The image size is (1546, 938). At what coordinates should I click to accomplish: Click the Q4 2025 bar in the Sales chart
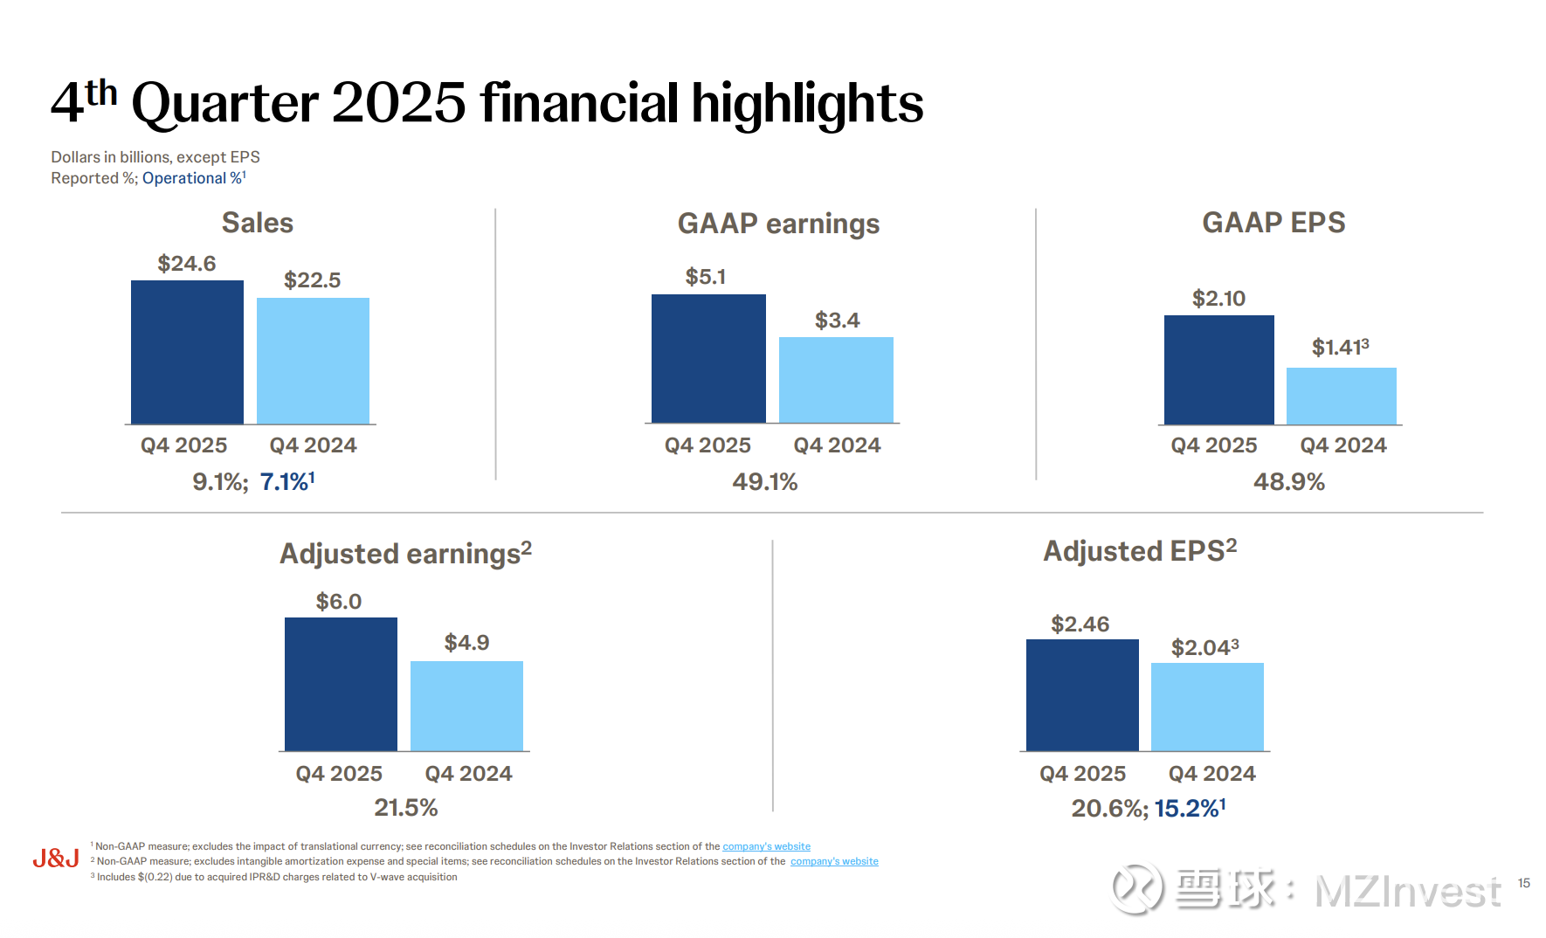click(x=187, y=352)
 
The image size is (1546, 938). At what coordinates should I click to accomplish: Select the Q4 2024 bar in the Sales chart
click(x=313, y=361)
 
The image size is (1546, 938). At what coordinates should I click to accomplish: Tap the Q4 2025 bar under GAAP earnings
click(x=708, y=358)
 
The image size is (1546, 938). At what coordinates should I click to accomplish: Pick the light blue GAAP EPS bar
click(x=1341, y=396)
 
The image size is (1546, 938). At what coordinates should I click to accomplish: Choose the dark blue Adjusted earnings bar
click(x=341, y=684)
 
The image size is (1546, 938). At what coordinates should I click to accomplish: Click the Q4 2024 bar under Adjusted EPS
click(x=1207, y=707)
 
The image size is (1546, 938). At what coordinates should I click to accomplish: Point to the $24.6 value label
click(x=187, y=264)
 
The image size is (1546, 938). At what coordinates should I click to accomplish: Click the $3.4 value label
click(x=837, y=321)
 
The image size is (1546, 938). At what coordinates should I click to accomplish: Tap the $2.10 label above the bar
click(x=1218, y=299)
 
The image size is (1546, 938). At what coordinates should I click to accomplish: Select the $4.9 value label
click(x=466, y=643)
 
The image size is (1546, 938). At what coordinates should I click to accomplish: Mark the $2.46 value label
click(x=1080, y=624)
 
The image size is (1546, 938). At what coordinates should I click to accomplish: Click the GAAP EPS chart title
click(x=1273, y=223)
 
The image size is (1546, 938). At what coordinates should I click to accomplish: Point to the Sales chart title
click(x=257, y=223)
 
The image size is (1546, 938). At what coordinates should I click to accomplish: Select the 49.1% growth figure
click(x=764, y=482)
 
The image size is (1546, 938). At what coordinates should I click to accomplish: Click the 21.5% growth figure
click(x=405, y=808)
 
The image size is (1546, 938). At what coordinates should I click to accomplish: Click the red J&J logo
click(x=56, y=859)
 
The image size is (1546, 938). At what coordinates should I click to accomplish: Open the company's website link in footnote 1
click(x=766, y=846)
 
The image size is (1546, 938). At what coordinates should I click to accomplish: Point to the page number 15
click(x=1523, y=883)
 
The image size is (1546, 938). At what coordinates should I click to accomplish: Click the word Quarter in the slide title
click(x=224, y=103)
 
